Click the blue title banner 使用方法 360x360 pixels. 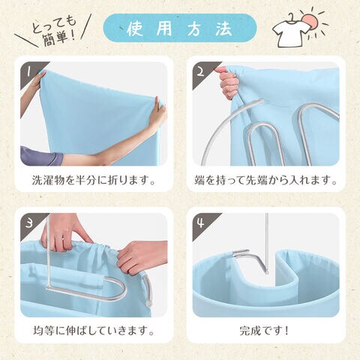(180, 28)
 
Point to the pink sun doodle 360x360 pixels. (310, 22)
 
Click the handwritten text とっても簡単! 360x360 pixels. (54, 30)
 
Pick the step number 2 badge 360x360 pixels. (202, 72)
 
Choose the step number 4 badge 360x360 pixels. (202, 223)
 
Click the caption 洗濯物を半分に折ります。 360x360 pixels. (94, 180)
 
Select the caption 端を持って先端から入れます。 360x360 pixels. (266, 180)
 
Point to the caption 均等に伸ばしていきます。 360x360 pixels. (94, 331)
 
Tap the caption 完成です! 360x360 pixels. (264, 331)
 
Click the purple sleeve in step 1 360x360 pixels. (40, 157)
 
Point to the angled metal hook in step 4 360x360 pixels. (250, 260)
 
